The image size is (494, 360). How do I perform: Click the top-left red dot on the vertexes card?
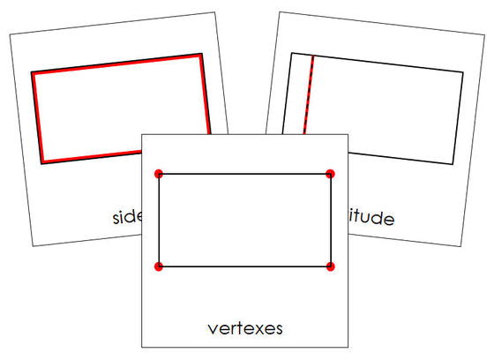(159, 174)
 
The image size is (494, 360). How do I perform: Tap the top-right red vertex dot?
(330, 174)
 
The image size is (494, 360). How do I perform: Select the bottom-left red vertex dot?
(159, 266)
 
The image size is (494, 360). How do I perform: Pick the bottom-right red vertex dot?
(330, 266)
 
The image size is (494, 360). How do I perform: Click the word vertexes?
(245, 329)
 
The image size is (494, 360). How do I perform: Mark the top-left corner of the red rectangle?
(33, 72)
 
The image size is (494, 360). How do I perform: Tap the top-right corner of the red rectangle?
(201, 55)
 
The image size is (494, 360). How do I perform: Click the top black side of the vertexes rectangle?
(244, 174)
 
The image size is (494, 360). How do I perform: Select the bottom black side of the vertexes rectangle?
(244, 266)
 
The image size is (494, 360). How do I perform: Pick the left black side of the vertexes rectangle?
(159, 220)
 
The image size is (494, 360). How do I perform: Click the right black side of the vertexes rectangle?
(330, 220)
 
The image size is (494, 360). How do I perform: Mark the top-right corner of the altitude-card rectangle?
(463, 72)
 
